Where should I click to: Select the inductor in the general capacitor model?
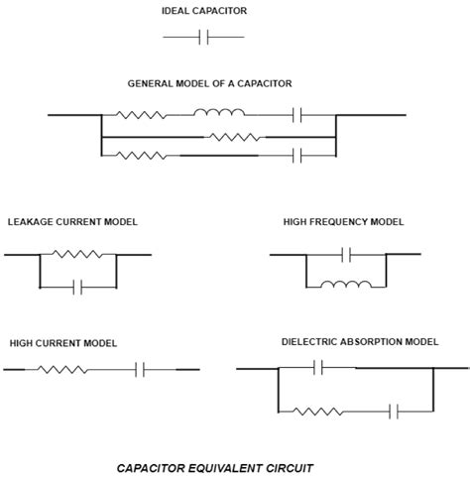coord(221,115)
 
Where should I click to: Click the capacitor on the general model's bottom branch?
coord(298,154)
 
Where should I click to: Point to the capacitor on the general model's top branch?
coord(298,115)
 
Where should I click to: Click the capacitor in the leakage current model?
coord(78,287)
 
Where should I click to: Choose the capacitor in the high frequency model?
coord(346,255)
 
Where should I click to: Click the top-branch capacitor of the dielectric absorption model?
coord(318,368)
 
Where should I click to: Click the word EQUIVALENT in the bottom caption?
coord(227,466)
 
